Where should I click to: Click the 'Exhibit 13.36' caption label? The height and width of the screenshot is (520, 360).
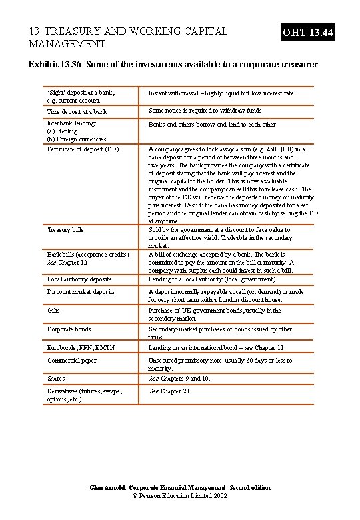click(58, 65)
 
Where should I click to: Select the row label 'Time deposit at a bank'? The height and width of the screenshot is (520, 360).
click(77, 112)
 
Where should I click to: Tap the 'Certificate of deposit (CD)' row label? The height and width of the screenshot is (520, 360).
click(83, 149)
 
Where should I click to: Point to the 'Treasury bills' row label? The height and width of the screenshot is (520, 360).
click(65, 230)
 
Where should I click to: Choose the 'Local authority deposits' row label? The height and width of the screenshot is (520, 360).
click(79, 279)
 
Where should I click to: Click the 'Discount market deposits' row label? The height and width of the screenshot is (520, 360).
click(81, 292)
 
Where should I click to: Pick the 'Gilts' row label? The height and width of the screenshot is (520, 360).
click(53, 311)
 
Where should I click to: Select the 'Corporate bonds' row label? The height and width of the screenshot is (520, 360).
click(69, 329)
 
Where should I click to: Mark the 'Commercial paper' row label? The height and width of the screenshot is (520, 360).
click(72, 361)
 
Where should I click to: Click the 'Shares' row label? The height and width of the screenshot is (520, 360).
click(56, 379)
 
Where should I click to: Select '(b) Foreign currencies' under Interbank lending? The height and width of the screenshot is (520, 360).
click(77, 139)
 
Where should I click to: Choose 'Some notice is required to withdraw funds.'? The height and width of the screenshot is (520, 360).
click(205, 111)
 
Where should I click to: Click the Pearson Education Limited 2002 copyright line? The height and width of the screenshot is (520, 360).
click(180, 497)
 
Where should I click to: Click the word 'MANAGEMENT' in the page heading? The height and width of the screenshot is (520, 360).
click(67, 44)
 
